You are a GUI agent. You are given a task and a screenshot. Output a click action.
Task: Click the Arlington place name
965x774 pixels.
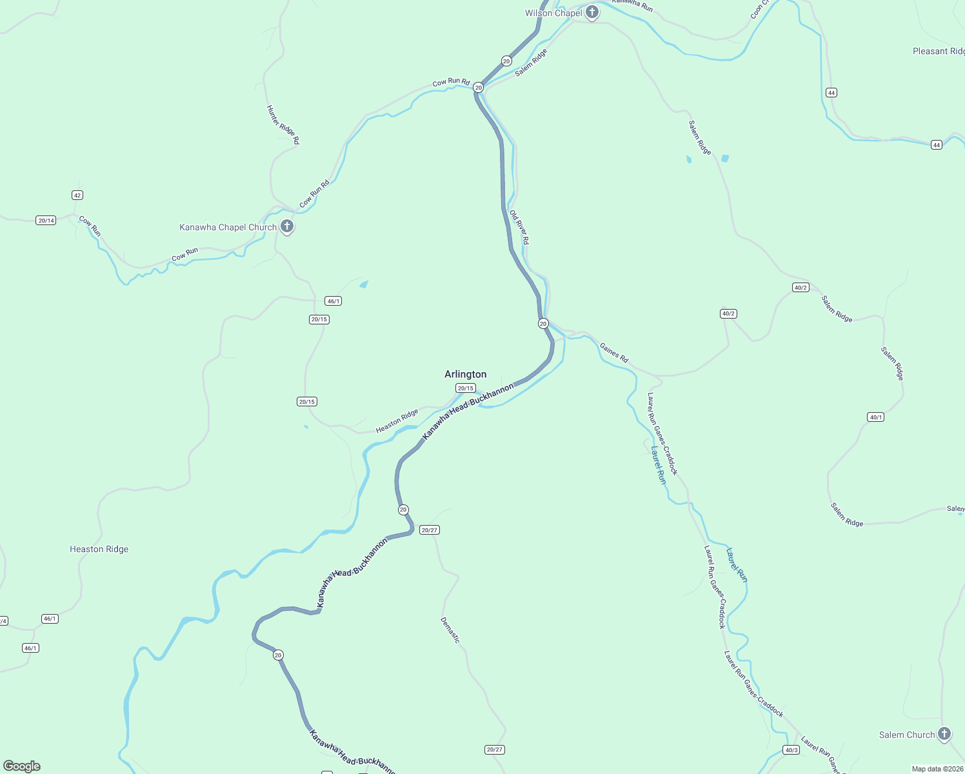(x=465, y=374)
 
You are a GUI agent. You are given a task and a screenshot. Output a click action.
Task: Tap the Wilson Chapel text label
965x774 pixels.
(x=553, y=13)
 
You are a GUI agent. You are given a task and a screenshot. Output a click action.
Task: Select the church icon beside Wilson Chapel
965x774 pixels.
(x=592, y=12)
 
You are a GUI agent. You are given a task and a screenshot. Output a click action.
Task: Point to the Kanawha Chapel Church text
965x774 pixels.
(x=228, y=227)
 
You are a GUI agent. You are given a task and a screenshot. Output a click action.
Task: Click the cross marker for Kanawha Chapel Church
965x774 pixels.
(x=288, y=226)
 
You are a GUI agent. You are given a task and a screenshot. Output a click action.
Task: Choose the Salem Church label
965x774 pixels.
(x=906, y=735)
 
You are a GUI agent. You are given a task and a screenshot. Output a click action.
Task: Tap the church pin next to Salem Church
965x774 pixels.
(x=944, y=734)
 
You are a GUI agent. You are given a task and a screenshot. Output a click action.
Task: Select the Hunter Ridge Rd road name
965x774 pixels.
(x=283, y=124)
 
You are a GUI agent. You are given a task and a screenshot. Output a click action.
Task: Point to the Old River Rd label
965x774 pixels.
(x=519, y=227)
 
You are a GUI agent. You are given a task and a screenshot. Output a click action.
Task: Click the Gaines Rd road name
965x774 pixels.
(x=614, y=353)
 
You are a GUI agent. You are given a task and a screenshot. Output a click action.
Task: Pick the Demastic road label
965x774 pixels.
(x=450, y=630)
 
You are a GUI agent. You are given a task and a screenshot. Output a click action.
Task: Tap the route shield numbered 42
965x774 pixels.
(x=77, y=195)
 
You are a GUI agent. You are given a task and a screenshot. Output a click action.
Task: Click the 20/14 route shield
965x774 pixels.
(x=46, y=221)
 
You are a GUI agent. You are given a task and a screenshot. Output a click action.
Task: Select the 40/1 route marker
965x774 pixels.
(x=875, y=417)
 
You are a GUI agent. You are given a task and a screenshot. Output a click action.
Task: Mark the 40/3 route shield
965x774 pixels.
(x=791, y=749)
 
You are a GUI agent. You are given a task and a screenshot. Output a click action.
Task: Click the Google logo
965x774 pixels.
(x=22, y=766)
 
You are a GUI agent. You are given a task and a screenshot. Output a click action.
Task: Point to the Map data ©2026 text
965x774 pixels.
(x=937, y=769)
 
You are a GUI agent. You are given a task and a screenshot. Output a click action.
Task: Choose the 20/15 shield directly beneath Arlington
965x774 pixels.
(x=465, y=388)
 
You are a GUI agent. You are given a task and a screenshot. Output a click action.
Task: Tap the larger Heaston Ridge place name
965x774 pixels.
(x=99, y=549)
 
